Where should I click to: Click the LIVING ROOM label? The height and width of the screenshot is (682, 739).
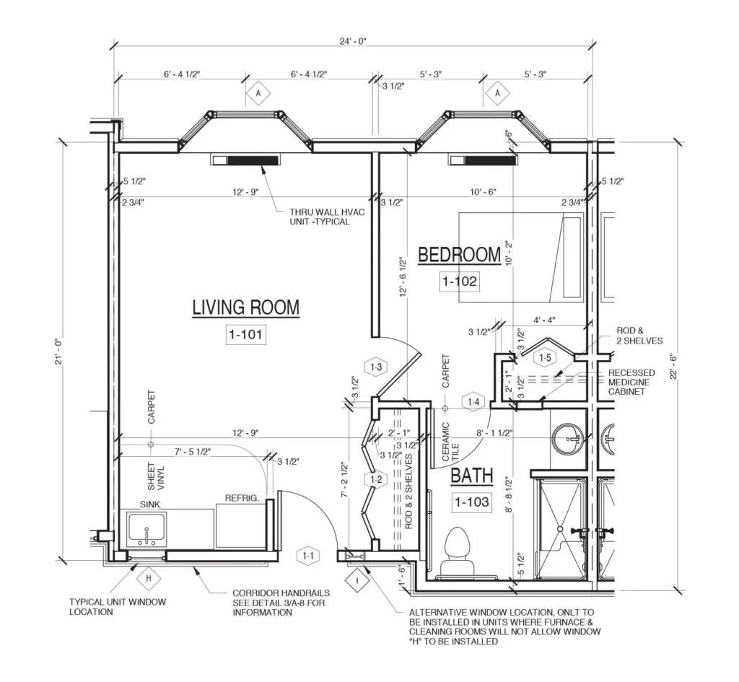point(245,307)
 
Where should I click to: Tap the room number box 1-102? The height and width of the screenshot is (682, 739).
point(460,281)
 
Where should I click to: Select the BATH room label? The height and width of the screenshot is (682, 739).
point(472,476)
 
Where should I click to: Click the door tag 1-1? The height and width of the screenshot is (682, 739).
point(308,556)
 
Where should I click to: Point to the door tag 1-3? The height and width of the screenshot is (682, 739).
point(376,367)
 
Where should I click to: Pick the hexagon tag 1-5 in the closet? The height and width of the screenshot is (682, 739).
point(546,357)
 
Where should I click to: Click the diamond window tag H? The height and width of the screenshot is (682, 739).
point(149,578)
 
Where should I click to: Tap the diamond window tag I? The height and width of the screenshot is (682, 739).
point(357,580)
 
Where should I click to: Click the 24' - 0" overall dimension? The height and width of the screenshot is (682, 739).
point(353,41)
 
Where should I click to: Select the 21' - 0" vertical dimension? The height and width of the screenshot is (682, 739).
point(58,351)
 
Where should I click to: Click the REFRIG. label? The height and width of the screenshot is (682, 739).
point(242,498)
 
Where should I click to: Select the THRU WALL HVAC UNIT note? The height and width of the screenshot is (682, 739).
point(327,217)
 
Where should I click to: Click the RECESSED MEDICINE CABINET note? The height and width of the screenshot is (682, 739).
point(631,382)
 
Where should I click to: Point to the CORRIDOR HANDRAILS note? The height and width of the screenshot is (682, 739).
point(281,603)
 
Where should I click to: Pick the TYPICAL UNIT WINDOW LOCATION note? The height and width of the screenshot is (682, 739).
point(118,607)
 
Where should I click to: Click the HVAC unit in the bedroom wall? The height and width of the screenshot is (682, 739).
point(483,160)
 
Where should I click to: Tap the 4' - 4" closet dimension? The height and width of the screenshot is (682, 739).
point(544,320)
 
